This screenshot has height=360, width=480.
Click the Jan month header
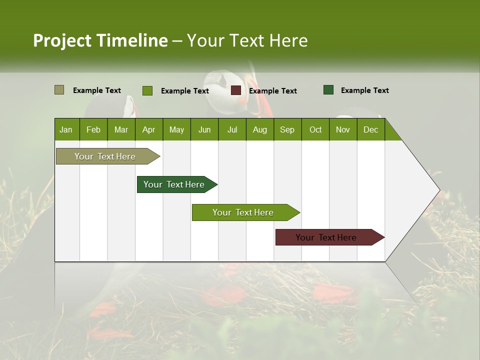pyautogui.click(x=66, y=129)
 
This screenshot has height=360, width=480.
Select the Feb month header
pyautogui.click(x=93, y=129)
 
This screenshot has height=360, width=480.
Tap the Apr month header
pyautogui.click(x=148, y=129)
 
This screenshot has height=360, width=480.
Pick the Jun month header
pyautogui.click(x=204, y=129)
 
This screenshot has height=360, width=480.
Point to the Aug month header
pyautogui.click(x=259, y=129)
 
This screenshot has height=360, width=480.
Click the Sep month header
pyautogui.click(x=287, y=129)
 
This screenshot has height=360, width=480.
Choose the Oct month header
pyautogui.click(x=315, y=129)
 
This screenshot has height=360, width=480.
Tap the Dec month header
pyautogui.click(x=370, y=129)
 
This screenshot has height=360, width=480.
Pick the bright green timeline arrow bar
pyautogui.click(x=243, y=212)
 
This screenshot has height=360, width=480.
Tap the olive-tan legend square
pyautogui.click(x=59, y=90)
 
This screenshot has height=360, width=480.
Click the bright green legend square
pyautogui.click(x=147, y=90)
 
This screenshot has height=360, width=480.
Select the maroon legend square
pyautogui.click(x=235, y=90)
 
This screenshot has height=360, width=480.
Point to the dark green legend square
pyautogui.click(x=328, y=90)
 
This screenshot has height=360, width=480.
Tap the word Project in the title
pyautogui.click(x=62, y=40)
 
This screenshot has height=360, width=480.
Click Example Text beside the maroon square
pyautogui.click(x=272, y=91)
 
